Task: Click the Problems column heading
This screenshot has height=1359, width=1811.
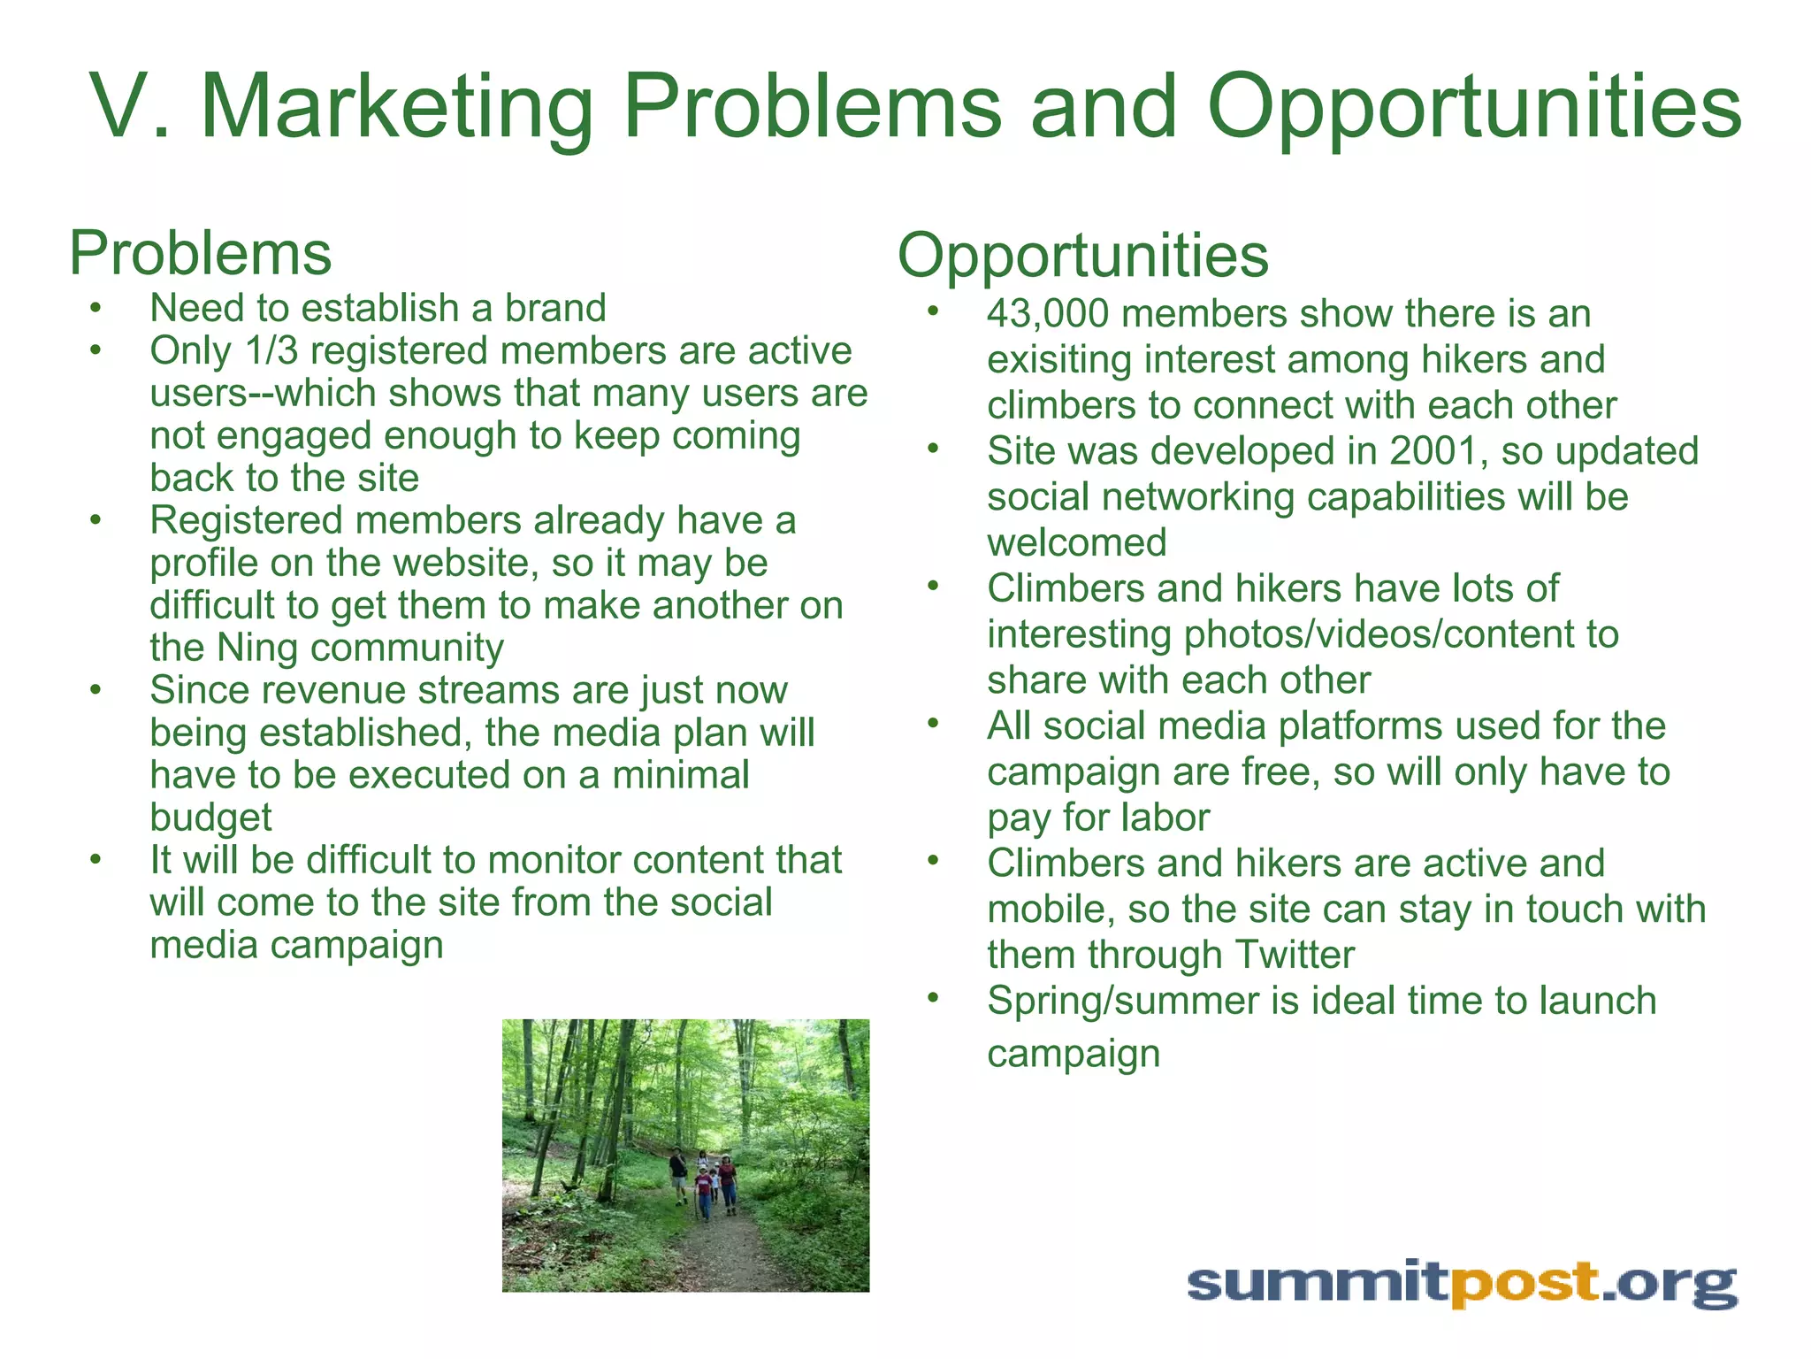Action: [x=201, y=254]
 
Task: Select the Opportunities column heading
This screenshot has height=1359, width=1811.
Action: [x=1083, y=256]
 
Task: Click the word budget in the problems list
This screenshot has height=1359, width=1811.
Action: [x=210, y=818]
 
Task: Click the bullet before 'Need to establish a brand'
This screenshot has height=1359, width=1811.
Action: [x=96, y=309]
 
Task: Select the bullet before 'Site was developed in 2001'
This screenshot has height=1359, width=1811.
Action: [x=932, y=449]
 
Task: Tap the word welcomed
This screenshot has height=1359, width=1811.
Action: [x=1077, y=543]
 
